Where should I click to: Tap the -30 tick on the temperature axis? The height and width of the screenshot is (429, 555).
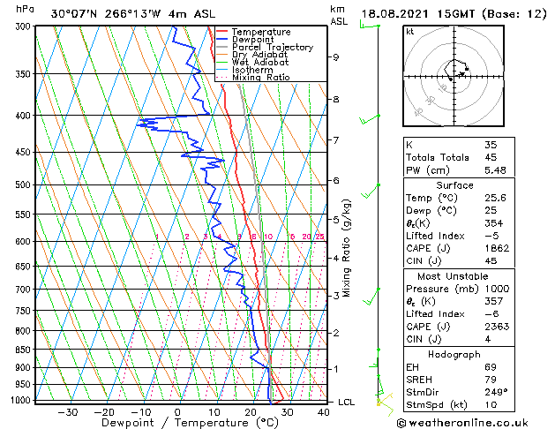67,411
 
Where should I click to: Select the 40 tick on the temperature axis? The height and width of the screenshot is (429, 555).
323,411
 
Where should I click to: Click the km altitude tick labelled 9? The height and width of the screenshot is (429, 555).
336,57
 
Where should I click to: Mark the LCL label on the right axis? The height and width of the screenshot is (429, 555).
348,403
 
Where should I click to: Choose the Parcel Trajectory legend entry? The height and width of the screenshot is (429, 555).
272,47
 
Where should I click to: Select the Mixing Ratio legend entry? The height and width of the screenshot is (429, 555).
261,78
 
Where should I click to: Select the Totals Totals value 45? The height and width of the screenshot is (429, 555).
491,157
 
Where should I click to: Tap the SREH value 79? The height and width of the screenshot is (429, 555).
491,379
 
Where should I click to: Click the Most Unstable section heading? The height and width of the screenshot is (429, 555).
454,275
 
